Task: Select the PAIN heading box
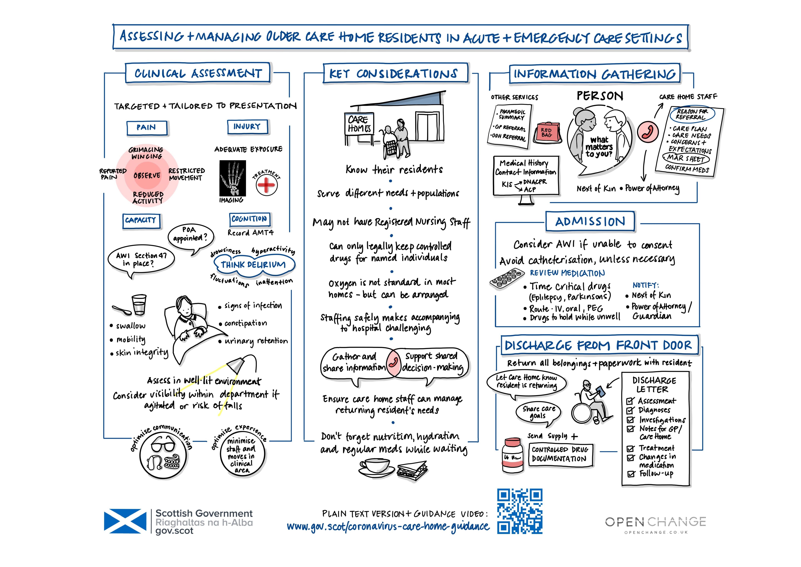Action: pyautogui.click(x=147, y=127)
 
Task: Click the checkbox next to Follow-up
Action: pyautogui.click(x=631, y=474)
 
